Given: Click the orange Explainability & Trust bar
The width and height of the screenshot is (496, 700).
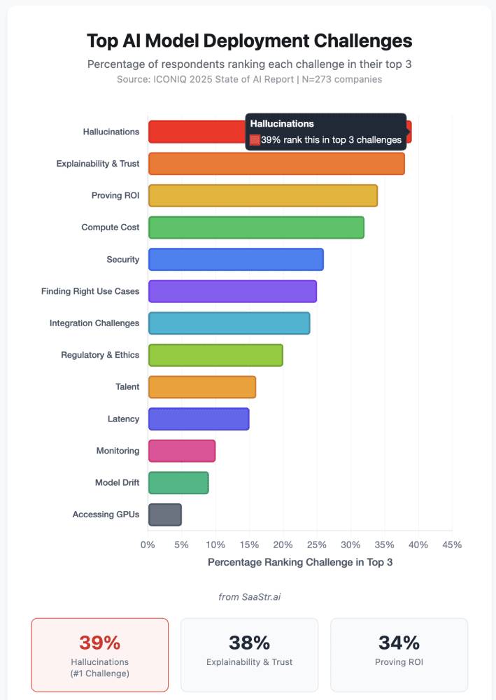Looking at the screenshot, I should point(276,163).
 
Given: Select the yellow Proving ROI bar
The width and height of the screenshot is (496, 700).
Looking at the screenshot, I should point(263,195).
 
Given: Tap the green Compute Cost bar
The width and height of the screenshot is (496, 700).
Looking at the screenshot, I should point(256,227).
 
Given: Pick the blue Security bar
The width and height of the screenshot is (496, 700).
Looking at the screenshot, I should point(236,259).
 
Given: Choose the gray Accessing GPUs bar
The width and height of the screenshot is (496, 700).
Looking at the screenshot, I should point(165,514).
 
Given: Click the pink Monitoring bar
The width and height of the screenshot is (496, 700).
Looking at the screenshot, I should point(182,451).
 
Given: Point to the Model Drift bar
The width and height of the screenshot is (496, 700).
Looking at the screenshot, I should point(178,482).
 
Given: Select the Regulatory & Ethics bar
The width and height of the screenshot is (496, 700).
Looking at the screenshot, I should point(215,355).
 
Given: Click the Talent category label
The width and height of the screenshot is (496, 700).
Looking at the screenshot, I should point(127,386).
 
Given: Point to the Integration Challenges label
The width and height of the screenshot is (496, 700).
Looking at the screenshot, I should point(94,323).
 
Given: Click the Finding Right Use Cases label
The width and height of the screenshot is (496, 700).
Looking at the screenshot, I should point(90,291).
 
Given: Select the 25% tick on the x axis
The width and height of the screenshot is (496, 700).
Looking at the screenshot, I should point(316,545).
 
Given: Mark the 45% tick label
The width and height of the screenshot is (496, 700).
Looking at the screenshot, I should point(451,545).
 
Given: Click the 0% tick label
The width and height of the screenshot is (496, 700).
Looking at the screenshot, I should point(148,545).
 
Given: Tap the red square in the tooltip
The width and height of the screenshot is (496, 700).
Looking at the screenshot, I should point(255,140).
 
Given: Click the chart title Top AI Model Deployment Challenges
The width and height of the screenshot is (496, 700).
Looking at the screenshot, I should point(249,41).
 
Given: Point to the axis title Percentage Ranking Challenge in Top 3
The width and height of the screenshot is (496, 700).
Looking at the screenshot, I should point(300,562).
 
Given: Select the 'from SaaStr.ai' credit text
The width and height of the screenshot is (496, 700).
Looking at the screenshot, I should point(249,596).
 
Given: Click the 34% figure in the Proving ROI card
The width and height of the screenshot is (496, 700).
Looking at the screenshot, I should point(399,643).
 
